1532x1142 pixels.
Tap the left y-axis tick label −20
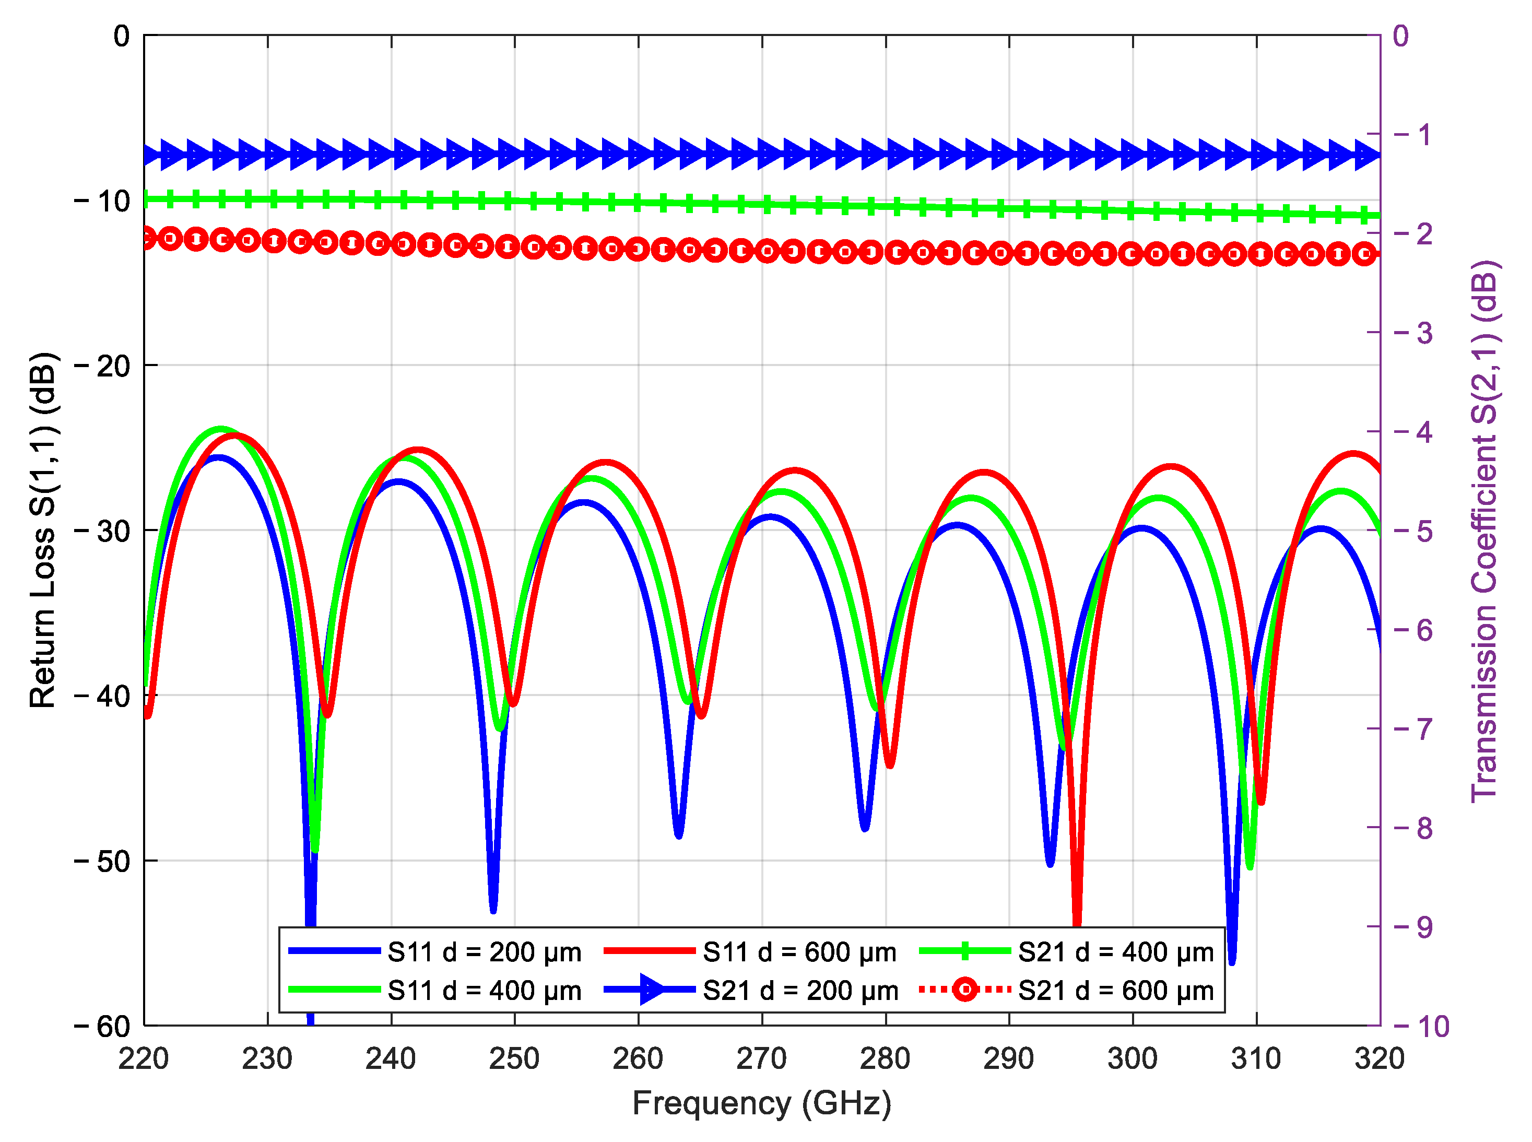(102, 366)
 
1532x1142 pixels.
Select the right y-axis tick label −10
(1421, 1027)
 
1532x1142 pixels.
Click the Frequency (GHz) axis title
(761, 1103)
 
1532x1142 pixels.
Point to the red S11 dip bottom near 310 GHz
(1262, 803)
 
